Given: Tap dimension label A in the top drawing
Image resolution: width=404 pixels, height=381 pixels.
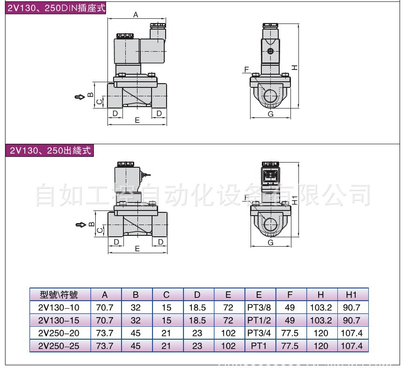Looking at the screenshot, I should click(136, 15).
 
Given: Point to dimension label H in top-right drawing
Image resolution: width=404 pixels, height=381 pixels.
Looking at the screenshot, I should click(294, 67).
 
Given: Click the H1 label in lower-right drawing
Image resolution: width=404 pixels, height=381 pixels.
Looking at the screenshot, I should click(294, 199).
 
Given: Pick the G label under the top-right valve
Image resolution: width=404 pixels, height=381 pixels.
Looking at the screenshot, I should click(270, 114).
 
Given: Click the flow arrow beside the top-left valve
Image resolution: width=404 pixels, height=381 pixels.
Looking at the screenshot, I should click(78, 96).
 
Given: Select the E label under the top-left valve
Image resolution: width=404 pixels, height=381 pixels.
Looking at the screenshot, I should click(137, 120).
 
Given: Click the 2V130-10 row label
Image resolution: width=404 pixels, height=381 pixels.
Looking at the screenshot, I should click(59, 308).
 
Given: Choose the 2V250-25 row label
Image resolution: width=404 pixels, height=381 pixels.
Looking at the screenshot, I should click(59, 346).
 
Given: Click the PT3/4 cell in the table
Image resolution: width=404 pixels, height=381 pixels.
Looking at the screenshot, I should click(259, 334).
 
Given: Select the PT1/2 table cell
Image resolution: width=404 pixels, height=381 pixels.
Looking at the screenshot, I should click(259, 320).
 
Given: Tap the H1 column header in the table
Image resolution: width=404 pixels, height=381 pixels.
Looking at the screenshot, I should click(351, 295).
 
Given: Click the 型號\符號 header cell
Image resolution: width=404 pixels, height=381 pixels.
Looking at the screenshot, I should click(59, 295).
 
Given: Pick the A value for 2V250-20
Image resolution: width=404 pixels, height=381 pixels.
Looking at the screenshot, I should click(105, 334).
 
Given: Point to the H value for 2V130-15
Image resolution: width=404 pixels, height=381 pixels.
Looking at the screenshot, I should click(321, 320).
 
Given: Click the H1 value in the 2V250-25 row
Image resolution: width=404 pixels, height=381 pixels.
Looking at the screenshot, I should click(351, 346).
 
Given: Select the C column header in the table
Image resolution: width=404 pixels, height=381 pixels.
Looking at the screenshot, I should click(167, 295).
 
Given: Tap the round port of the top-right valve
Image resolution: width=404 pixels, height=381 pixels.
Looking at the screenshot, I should click(270, 96).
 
